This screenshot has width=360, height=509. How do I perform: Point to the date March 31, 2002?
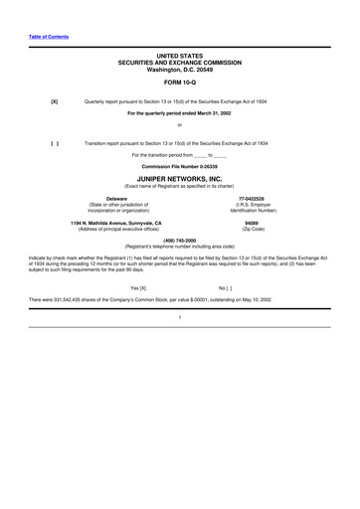pos(212,112)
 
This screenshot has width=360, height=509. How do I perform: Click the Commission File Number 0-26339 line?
pos(179,165)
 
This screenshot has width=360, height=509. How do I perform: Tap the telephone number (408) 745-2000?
pos(179,240)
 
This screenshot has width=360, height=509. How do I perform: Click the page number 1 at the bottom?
pos(179,316)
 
